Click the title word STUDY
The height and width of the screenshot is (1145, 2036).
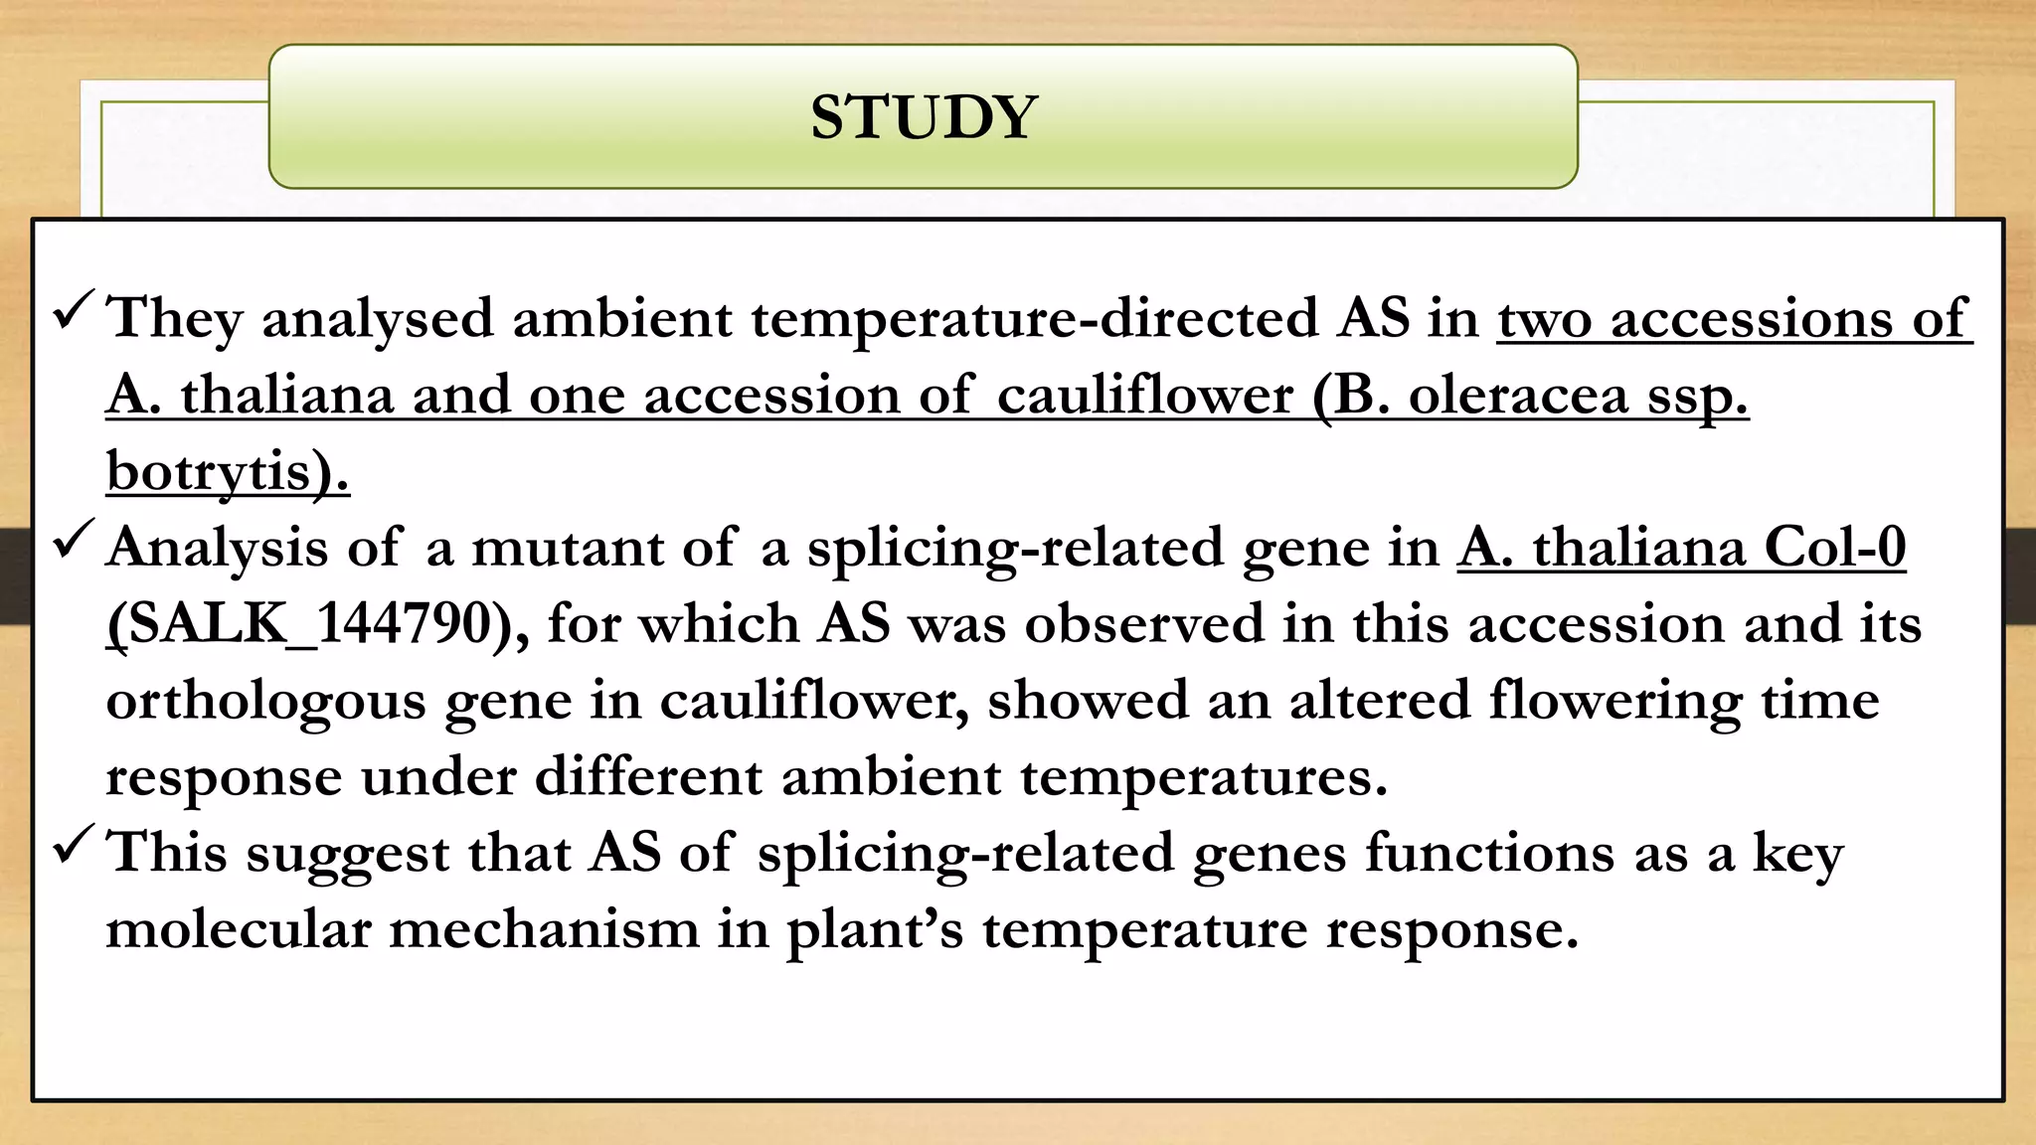[924, 117]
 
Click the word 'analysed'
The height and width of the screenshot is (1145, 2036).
[378, 320]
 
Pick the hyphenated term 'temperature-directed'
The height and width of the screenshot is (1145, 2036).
[1034, 320]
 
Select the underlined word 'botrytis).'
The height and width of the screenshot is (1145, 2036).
[228, 471]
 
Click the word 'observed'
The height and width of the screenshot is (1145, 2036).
[1144, 625]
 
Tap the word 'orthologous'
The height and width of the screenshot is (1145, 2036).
[265, 702]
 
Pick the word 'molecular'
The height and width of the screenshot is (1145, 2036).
[239, 930]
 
